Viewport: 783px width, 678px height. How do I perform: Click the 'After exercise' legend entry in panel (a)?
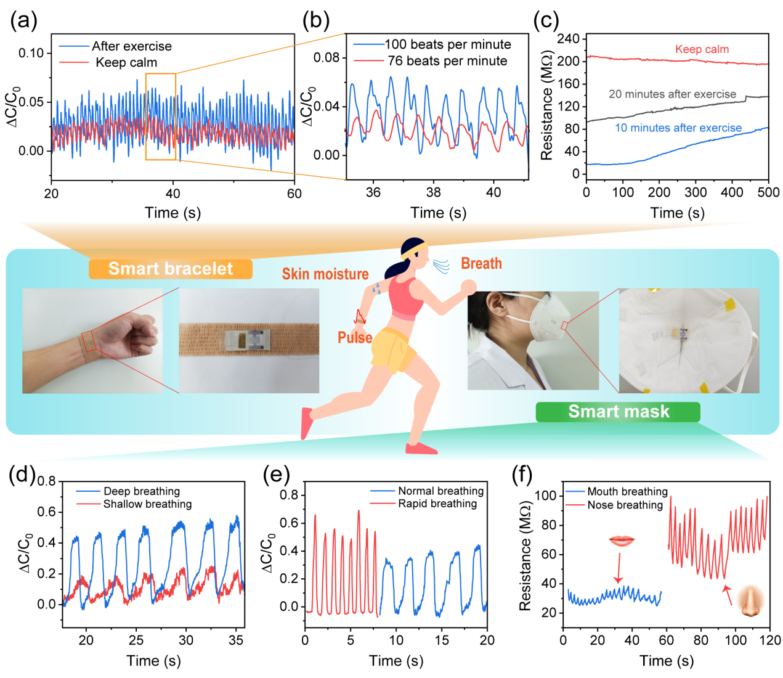(x=131, y=46)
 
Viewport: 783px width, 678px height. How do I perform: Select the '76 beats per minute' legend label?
(x=447, y=61)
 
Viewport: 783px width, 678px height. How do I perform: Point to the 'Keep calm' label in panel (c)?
(x=702, y=49)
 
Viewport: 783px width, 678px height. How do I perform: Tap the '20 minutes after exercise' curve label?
(x=672, y=94)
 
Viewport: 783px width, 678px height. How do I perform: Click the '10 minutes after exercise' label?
(x=678, y=128)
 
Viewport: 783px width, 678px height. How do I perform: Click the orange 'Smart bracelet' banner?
(x=171, y=269)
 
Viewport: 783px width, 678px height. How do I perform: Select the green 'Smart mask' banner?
(x=618, y=412)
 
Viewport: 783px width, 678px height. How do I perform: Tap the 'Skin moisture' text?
(x=325, y=274)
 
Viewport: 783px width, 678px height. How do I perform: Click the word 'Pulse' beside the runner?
(x=355, y=338)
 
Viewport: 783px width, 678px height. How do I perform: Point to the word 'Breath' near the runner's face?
(x=481, y=264)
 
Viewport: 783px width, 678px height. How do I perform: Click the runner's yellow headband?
(x=413, y=250)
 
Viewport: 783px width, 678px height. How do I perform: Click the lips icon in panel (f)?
(x=621, y=541)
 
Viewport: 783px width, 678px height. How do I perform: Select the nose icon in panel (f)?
(x=750, y=602)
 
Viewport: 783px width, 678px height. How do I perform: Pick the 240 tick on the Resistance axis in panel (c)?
(x=567, y=39)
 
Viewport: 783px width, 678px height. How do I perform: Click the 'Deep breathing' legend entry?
(x=142, y=491)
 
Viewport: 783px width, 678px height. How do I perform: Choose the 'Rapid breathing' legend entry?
(x=437, y=504)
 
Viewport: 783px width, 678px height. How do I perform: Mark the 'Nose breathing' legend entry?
(x=625, y=505)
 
